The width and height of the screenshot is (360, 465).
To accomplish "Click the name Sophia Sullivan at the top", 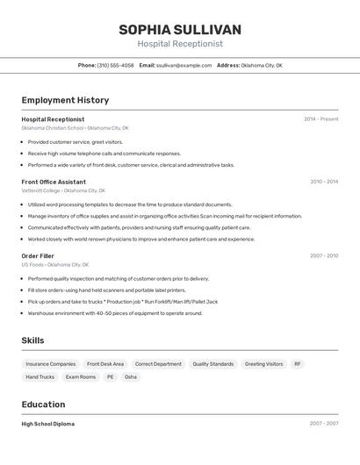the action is point(180,30).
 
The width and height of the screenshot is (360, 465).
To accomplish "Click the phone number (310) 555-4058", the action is point(115,65).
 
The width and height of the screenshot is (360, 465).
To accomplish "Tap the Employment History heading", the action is point(65,100).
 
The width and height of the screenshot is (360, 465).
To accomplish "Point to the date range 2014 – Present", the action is point(320,119).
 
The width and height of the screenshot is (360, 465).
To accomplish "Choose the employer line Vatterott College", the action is point(62,190).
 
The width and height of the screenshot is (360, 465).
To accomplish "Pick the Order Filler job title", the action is point(38,255).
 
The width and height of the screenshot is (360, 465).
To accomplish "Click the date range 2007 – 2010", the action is point(323,255).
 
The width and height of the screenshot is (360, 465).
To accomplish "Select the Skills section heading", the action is point(33,340).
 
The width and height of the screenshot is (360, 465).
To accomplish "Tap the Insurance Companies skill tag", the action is point(51,363).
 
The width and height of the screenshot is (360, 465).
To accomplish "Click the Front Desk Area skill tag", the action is point(105,363).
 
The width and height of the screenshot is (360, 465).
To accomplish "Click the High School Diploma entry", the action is point(48,424).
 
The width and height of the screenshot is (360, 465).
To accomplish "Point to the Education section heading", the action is point(43,404).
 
